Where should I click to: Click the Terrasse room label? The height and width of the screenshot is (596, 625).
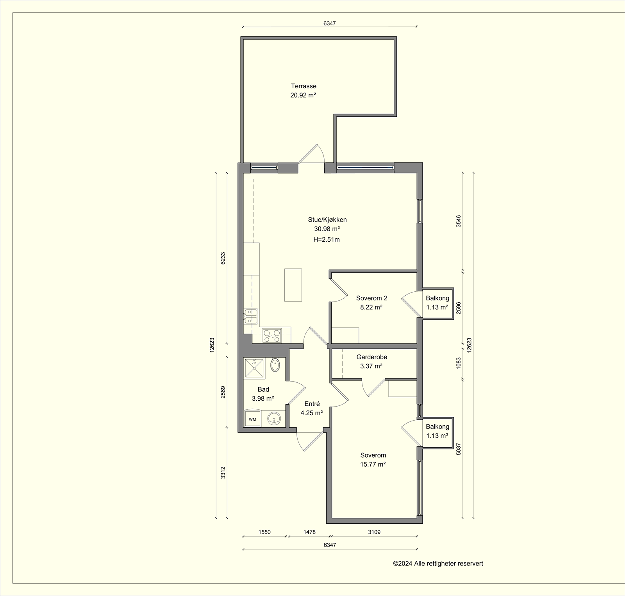coord(304,86)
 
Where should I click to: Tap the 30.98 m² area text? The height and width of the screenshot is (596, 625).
coord(327,229)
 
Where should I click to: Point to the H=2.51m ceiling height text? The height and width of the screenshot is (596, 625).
coord(327,240)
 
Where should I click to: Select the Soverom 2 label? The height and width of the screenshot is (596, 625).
coord(371,298)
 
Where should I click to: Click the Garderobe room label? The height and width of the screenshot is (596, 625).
coord(371,357)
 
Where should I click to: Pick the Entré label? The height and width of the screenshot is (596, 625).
coord(312,404)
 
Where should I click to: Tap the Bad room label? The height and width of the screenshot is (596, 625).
coord(263,389)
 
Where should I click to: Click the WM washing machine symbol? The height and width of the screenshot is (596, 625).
coord(253,419)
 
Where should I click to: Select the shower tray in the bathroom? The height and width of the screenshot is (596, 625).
coord(255,368)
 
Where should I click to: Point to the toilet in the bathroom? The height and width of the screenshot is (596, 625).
coord(275,365)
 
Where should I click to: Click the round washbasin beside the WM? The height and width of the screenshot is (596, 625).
coord(275,419)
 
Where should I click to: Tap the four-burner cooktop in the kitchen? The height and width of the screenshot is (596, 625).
coord(272,335)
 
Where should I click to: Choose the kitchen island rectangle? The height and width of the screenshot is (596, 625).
coord(293,285)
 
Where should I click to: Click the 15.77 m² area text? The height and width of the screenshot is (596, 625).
coord(373,464)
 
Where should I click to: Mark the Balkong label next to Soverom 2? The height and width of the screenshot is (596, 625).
coord(437,298)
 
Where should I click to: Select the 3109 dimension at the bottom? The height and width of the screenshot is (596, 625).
coord(374,532)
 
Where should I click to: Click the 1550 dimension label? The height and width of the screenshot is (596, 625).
coord(264,532)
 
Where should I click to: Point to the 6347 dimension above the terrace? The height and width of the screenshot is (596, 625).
coord(329,23)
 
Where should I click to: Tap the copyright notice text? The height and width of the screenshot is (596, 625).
coord(438,563)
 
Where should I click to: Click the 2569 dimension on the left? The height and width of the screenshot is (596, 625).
coord(223,392)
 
